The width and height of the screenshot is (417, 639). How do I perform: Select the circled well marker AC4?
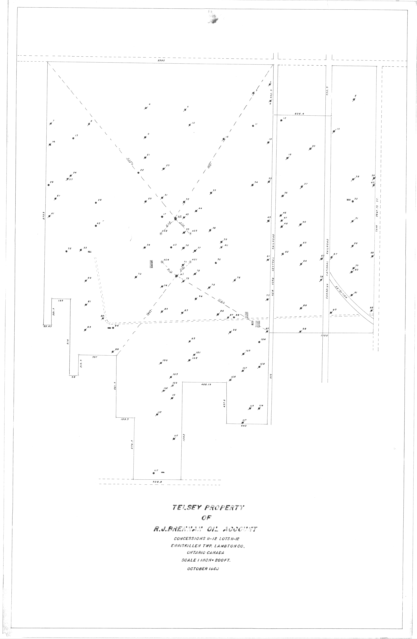(x=162, y=262)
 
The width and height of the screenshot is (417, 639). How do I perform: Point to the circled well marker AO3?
(x=191, y=234)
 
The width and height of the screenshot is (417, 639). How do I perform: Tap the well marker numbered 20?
(x=310, y=148)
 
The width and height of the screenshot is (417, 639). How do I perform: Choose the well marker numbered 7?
(x=51, y=123)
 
